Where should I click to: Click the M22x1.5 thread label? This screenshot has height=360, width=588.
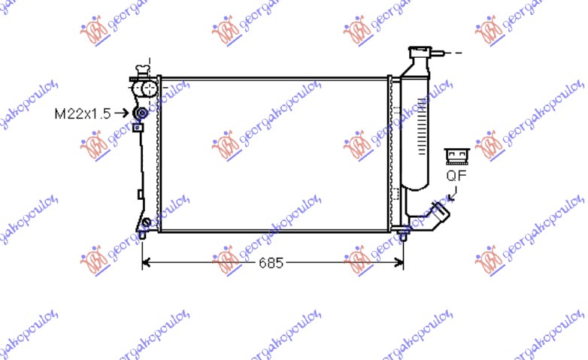(x=82, y=114)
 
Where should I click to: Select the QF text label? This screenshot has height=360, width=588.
(x=456, y=177)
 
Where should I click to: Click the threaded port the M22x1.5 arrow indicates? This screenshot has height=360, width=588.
(x=140, y=114)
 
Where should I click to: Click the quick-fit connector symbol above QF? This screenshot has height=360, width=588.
(x=456, y=156)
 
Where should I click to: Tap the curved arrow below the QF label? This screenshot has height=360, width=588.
(x=453, y=195)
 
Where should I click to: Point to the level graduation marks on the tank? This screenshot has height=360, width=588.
(x=419, y=132)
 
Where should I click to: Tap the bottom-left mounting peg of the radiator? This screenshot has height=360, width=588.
(x=142, y=235)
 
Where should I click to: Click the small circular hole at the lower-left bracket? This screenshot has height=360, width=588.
(x=147, y=222)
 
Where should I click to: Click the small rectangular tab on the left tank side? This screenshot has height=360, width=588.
(x=141, y=195)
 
